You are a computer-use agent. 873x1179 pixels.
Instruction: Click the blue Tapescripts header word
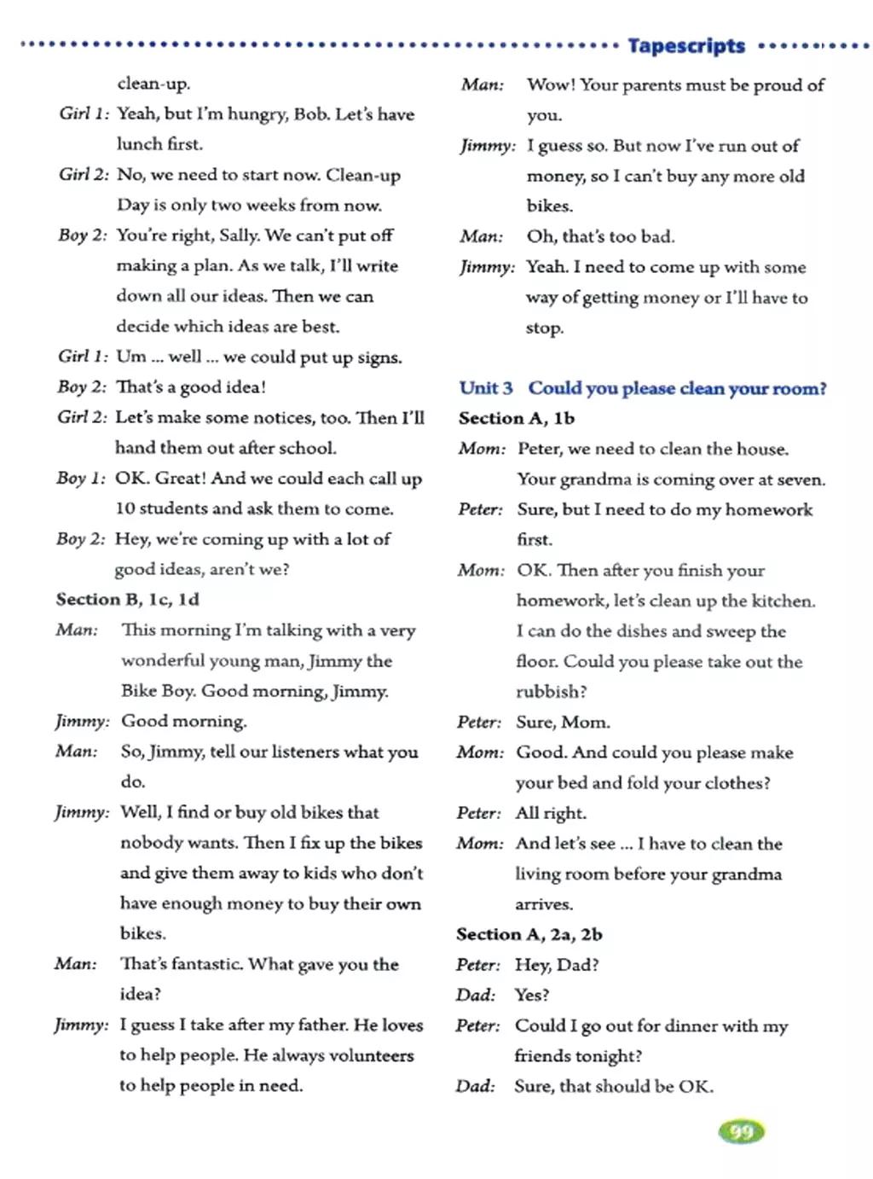686,45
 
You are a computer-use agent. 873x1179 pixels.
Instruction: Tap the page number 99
742,1132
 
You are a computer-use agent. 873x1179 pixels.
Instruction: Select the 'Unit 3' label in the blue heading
486,388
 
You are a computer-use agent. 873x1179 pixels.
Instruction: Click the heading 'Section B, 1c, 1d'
128,600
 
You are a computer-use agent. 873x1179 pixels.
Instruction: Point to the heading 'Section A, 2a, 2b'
529,934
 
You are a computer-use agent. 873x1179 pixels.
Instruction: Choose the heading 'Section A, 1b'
517,418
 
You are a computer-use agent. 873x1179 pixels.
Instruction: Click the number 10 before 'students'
125,508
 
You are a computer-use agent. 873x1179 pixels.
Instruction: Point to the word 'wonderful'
163,660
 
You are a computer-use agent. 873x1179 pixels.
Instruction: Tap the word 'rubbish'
550,692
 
